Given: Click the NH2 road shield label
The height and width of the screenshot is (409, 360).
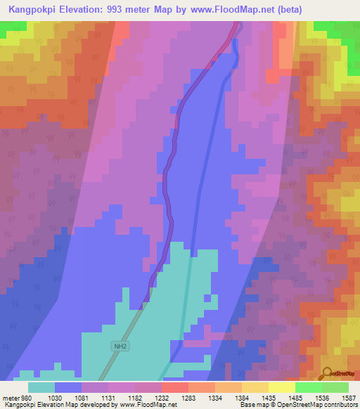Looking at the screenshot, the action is pos(120,346).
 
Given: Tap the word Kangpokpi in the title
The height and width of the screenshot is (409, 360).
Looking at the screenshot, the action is pos(32,9).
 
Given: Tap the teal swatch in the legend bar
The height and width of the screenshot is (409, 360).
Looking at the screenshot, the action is pos(41,387).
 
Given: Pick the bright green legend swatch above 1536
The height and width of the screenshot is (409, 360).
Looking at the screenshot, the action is pos(308,387).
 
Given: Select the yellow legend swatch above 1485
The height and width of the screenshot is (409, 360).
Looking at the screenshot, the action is pos(281,387).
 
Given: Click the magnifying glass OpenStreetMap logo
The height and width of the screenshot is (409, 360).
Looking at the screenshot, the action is pos(326,373).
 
